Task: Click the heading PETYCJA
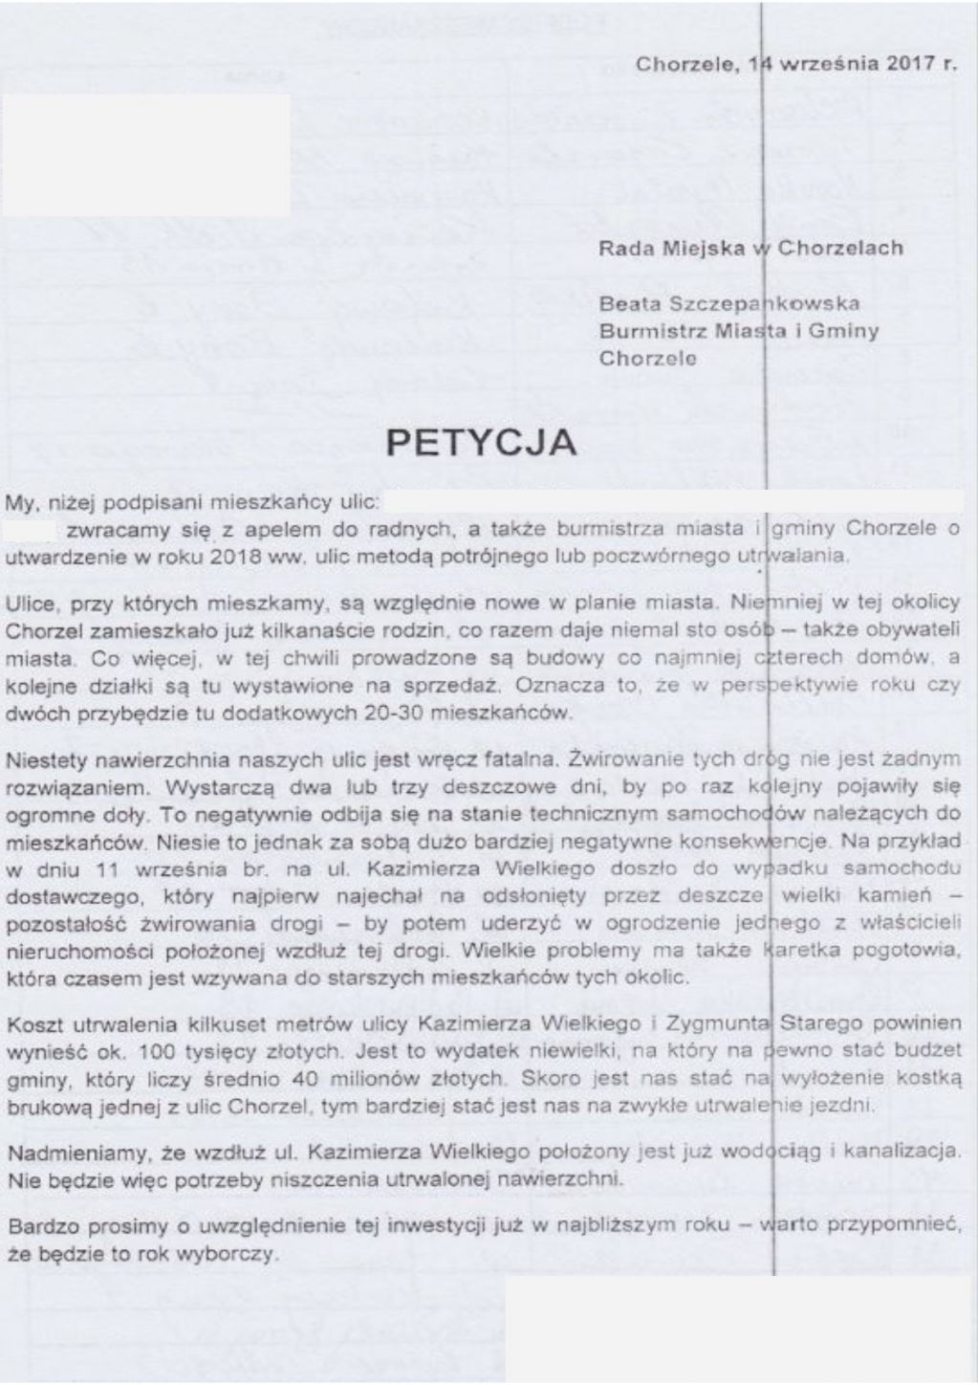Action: coord(480,443)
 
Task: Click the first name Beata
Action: coord(625,304)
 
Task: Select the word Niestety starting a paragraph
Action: coord(43,761)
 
